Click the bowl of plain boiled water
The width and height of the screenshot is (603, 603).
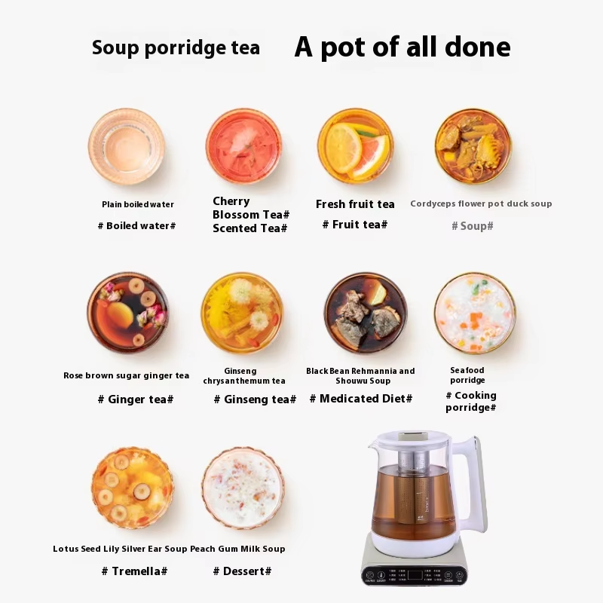[127, 146]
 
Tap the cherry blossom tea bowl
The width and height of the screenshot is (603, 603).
[243, 146]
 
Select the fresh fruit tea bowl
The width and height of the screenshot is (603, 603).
[356, 145]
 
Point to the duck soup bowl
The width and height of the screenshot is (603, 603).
[473, 145]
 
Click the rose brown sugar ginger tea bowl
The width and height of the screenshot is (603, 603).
[127, 313]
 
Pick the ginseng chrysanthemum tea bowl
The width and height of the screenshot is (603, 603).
[242, 313]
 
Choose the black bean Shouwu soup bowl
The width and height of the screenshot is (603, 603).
[366, 313]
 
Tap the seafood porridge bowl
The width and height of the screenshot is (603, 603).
[476, 313]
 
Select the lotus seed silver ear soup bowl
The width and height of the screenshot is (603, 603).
[133, 488]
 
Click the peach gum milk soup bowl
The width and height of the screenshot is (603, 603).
[243, 488]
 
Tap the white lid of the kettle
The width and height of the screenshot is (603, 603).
[412, 438]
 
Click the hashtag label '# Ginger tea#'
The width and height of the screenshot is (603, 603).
[136, 399]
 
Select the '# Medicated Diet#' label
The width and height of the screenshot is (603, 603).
[361, 399]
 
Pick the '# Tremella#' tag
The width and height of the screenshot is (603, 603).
[135, 571]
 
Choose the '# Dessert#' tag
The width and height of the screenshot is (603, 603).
[242, 571]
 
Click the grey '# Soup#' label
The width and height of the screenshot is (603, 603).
[473, 225]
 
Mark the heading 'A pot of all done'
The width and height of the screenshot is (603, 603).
[403, 47]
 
